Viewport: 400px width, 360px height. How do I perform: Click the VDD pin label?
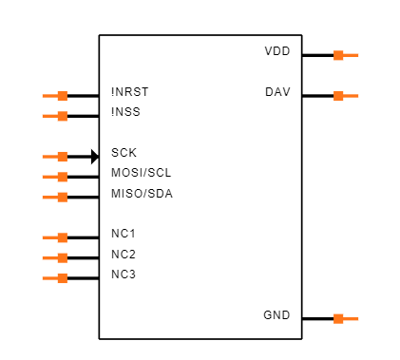pyautogui.click(x=276, y=50)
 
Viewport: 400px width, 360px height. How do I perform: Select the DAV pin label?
pyautogui.click(x=277, y=92)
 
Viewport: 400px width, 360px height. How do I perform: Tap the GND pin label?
pyautogui.click(x=276, y=315)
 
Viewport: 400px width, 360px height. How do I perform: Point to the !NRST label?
pyautogui.click(x=129, y=92)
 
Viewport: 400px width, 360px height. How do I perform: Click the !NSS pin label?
pyautogui.click(x=125, y=113)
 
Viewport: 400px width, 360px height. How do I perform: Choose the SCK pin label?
pyautogui.click(x=124, y=153)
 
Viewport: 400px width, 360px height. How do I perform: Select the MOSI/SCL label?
pyautogui.click(x=141, y=173)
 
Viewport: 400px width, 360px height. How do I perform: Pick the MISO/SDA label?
pyautogui.click(x=142, y=194)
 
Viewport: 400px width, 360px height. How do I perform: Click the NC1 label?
pyautogui.click(x=124, y=234)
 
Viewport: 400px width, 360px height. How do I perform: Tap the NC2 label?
pyautogui.click(x=124, y=255)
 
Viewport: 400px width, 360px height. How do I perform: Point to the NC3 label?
pyautogui.click(x=124, y=275)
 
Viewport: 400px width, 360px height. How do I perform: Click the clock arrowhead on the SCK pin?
pyautogui.click(x=95, y=157)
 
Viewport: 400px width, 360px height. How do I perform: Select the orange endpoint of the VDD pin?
pyautogui.click(x=338, y=55)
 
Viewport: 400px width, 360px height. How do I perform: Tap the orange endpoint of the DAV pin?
pyautogui.click(x=338, y=96)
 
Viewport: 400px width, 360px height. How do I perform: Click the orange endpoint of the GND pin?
pyautogui.click(x=338, y=319)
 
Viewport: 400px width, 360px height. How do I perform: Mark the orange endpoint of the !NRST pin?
pyautogui.click(x=63, y=96)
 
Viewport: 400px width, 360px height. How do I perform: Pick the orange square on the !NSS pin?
pyautogui.click(x=63, y=117)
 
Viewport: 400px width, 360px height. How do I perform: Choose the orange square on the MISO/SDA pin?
pyautogui.click(x=63, y=198)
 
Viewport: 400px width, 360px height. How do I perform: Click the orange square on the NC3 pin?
pyautogui.click(x=63, y=278)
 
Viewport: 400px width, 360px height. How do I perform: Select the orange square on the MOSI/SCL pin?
pyautogui.click(x=63, y=177)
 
